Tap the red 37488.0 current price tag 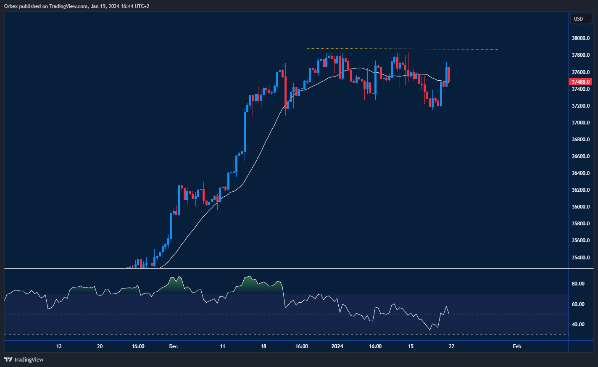click(x=580, y=82)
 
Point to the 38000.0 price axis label click(x=580, y=38)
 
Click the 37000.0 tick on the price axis click(x=580, y=123)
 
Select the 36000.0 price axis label click(x=580, y=207)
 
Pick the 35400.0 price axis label click(x=580, y=257)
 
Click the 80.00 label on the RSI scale click(x=578, y=284)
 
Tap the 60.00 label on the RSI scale click(x=578, y=304)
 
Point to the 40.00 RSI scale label click(x=578, y=325)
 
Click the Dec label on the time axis click(x=173, y=346)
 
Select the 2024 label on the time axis click(x=337, y=346)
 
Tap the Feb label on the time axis click(x=517, y=346)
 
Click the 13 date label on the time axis click(x=59, y=346)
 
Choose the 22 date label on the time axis click(x=451, y=346)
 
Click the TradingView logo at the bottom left click(x=24, y=359)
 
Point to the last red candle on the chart click(x=449, y=74)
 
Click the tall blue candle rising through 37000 click(x=245, y=130)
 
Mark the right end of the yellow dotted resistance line click(x=498, y=50)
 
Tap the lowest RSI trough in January click(x=430, y=330)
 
